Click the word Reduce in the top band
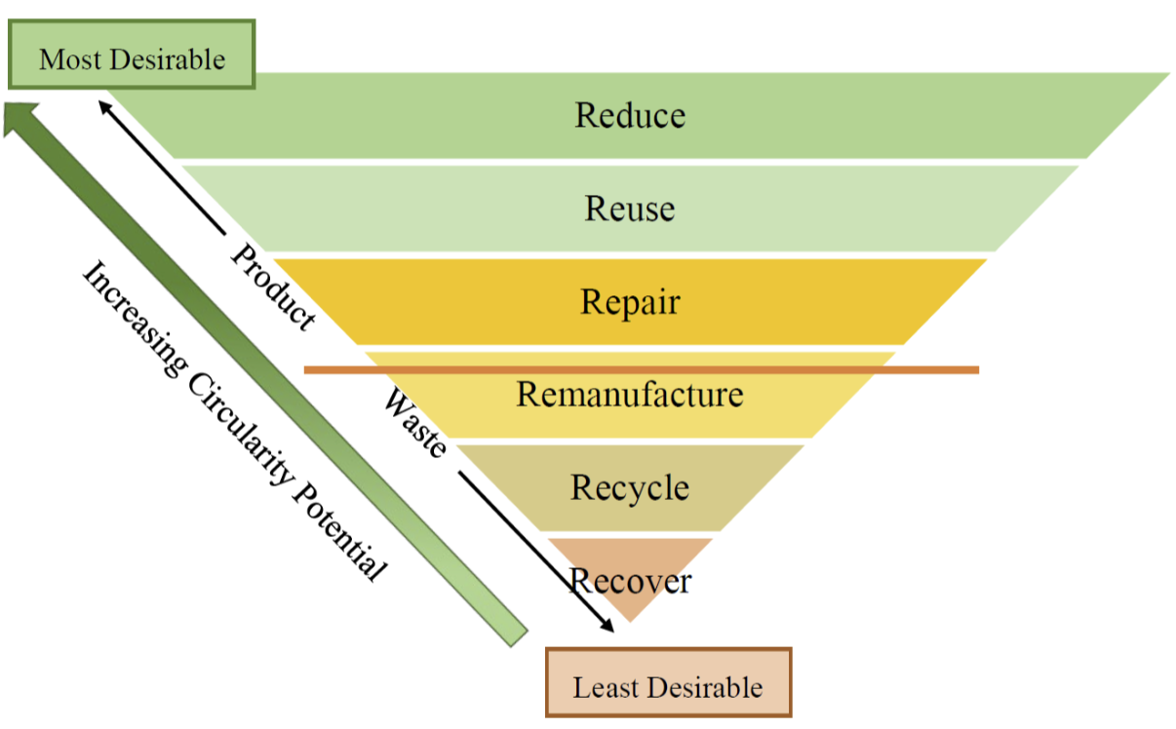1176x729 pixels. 630,115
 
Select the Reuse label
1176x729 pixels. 630,209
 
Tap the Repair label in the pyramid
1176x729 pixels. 630,301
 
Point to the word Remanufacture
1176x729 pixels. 630,395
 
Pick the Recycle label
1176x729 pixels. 630,487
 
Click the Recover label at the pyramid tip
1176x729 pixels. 631,581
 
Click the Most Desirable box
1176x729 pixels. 132,58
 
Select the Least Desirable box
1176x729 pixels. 668,687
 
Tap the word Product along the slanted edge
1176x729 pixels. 273,287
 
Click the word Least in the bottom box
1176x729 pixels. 603,687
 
